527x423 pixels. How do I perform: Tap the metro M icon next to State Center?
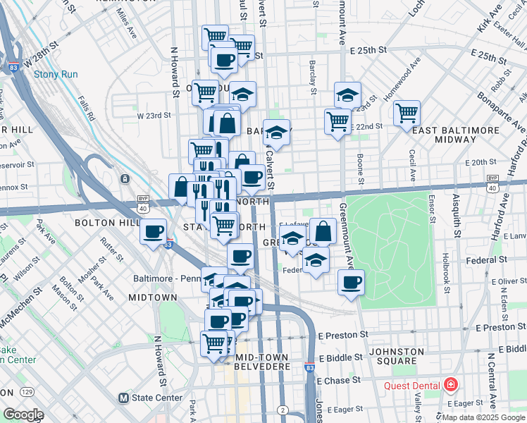pyautogui.click(x=125, y=398)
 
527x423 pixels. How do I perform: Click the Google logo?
pyautogui.click(x=23, y=415)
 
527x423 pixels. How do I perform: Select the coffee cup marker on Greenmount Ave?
pyautogui.click(x=351, y=283)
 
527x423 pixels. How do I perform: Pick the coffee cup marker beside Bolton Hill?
pyautogui.click(x=153, y=231)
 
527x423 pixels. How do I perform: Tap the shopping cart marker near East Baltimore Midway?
pyautogui.click(x=407, y=111)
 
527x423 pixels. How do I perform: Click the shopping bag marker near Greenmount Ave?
pyautogui.click(x=323, y=231)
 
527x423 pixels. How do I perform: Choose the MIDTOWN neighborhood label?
pyautogui.click(x=153, y=298)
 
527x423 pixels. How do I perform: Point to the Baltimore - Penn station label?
pyautogui.click(x=166, y=278)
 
